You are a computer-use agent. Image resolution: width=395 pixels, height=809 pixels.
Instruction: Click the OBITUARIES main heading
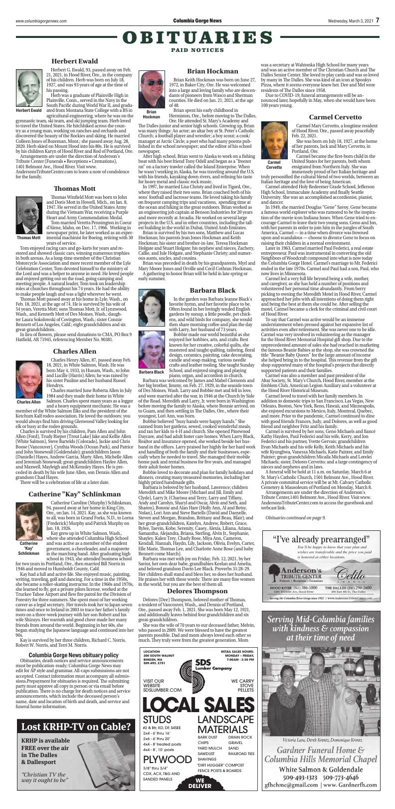[x=197, y=38]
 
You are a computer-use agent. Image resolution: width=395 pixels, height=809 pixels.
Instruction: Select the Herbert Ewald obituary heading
[x=74, y=61]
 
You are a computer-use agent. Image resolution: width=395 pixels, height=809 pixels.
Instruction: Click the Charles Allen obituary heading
[x=74, y=337]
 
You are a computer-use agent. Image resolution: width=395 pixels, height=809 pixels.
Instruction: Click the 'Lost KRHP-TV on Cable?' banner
[x=76, y=726]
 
